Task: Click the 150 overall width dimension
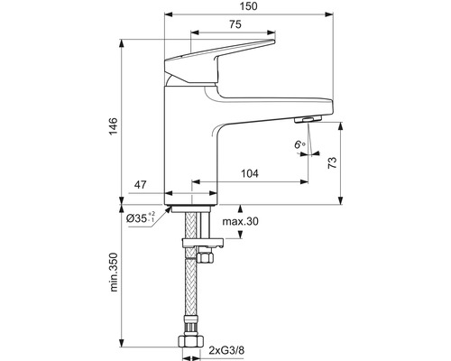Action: click(249, 6)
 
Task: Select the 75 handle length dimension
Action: click(235, 24)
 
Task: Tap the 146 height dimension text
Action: click(114, 126)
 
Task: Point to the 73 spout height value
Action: click(332, 162)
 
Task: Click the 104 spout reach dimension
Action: click(250, 173)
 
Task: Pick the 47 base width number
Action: click(141, 185)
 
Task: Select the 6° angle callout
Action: click(299, 145)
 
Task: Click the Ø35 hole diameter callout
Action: click(141, 218)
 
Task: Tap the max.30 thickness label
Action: click(240, 221)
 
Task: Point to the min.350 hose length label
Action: click(114, 273)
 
